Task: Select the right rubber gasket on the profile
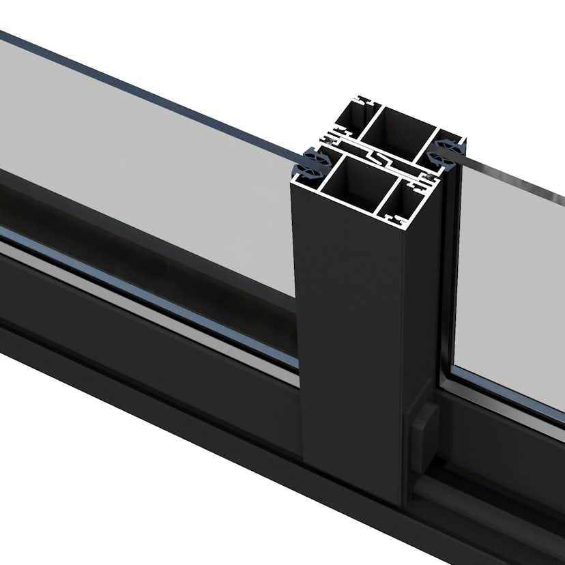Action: coord(447,147)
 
